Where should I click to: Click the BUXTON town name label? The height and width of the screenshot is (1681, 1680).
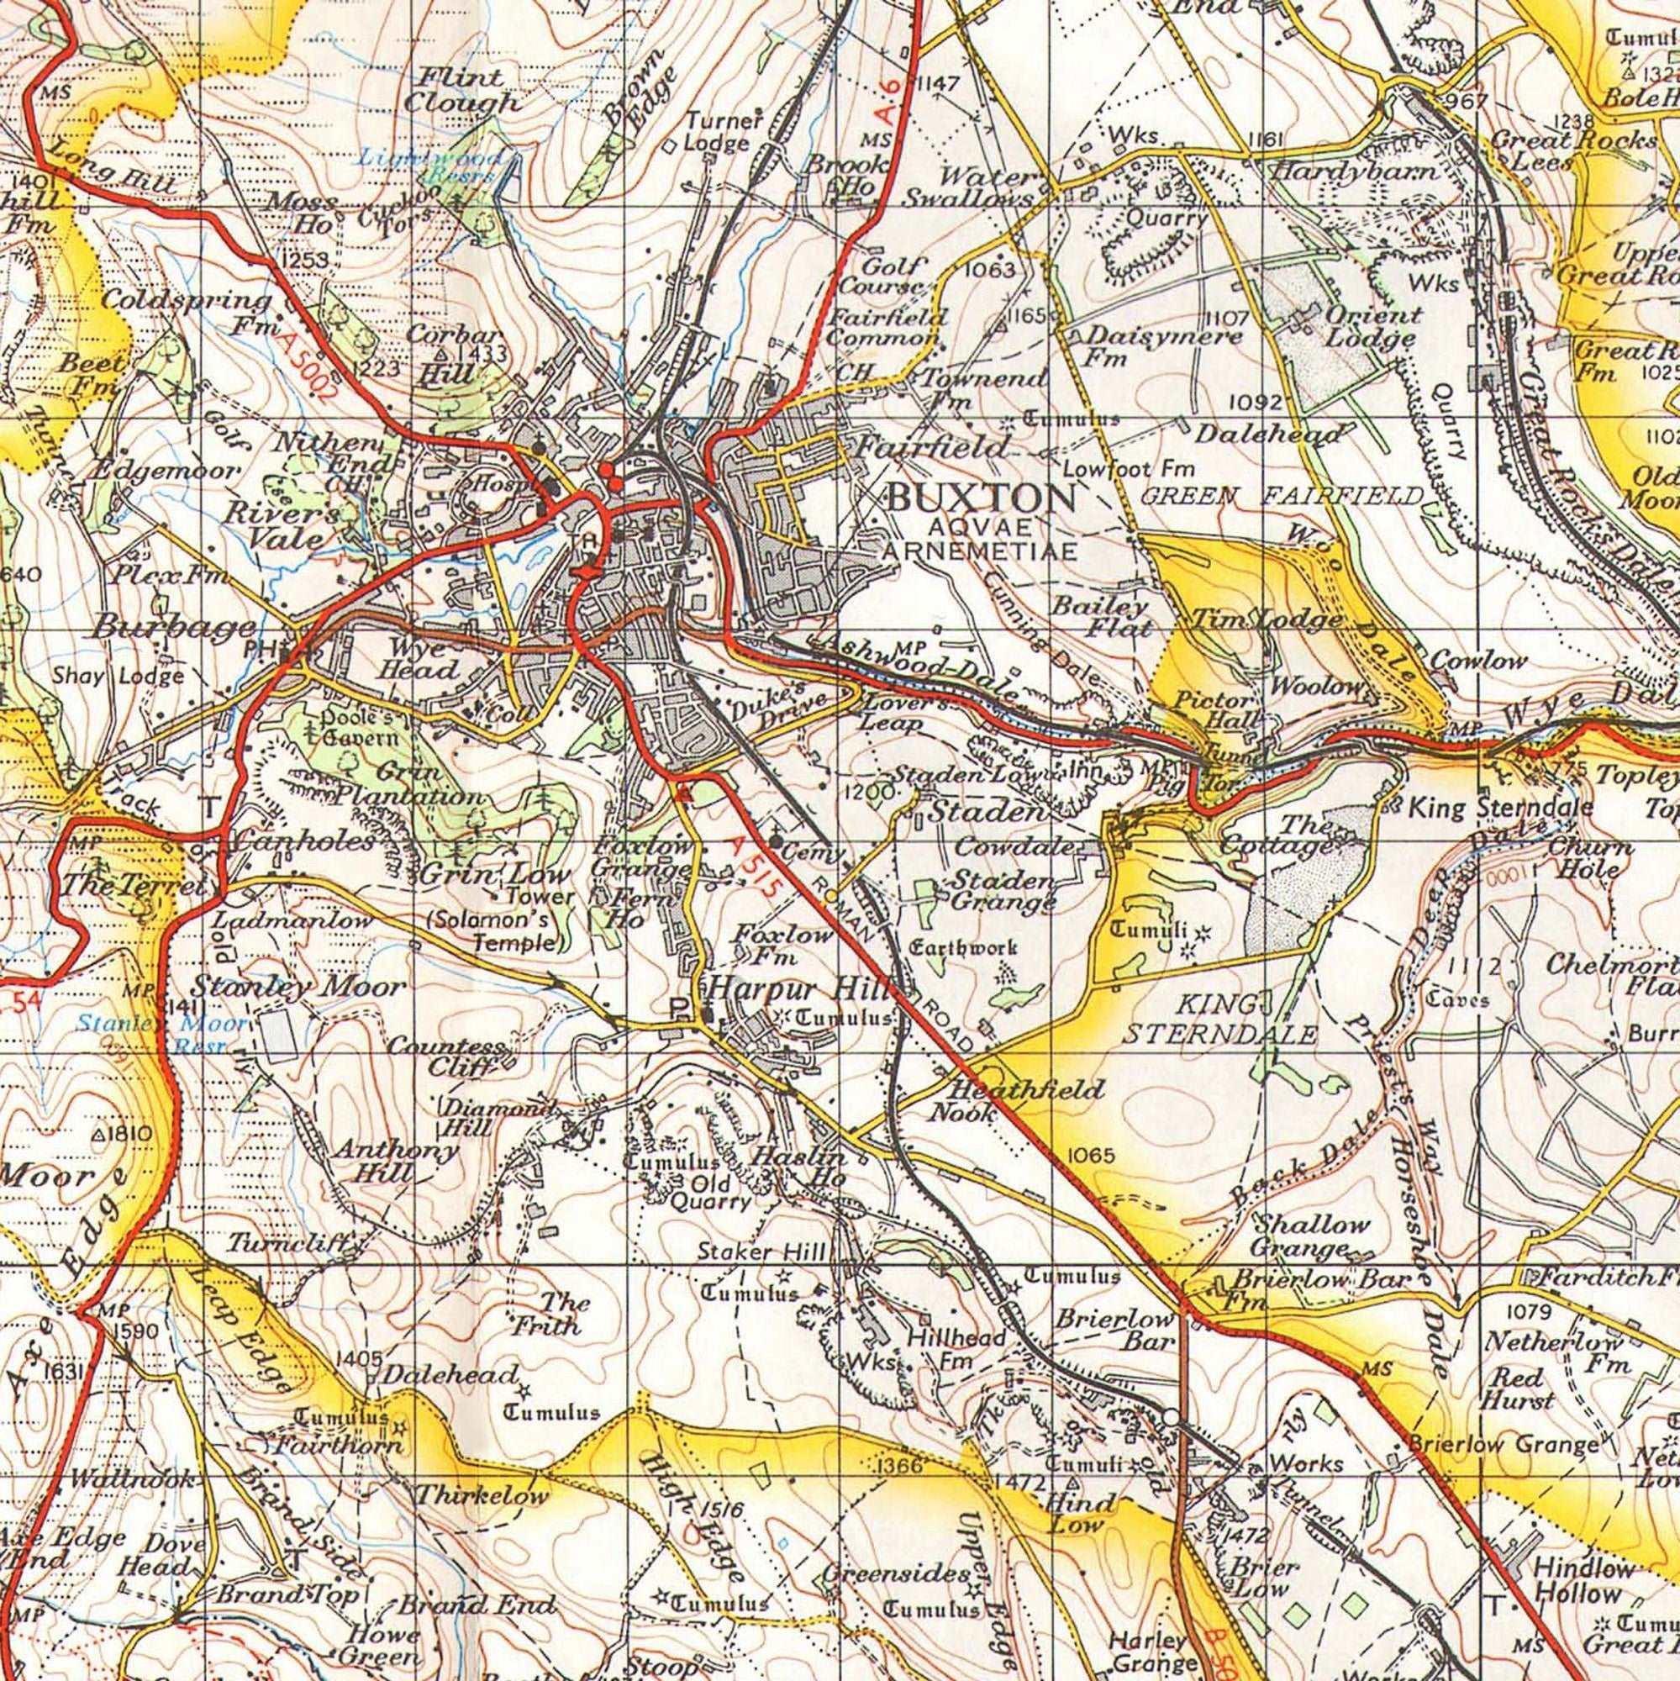[x=981, y=498]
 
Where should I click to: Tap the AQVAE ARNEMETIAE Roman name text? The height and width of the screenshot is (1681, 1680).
[x=981, y=539]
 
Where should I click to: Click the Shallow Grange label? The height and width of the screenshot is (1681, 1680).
[x=1310, y=1236]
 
